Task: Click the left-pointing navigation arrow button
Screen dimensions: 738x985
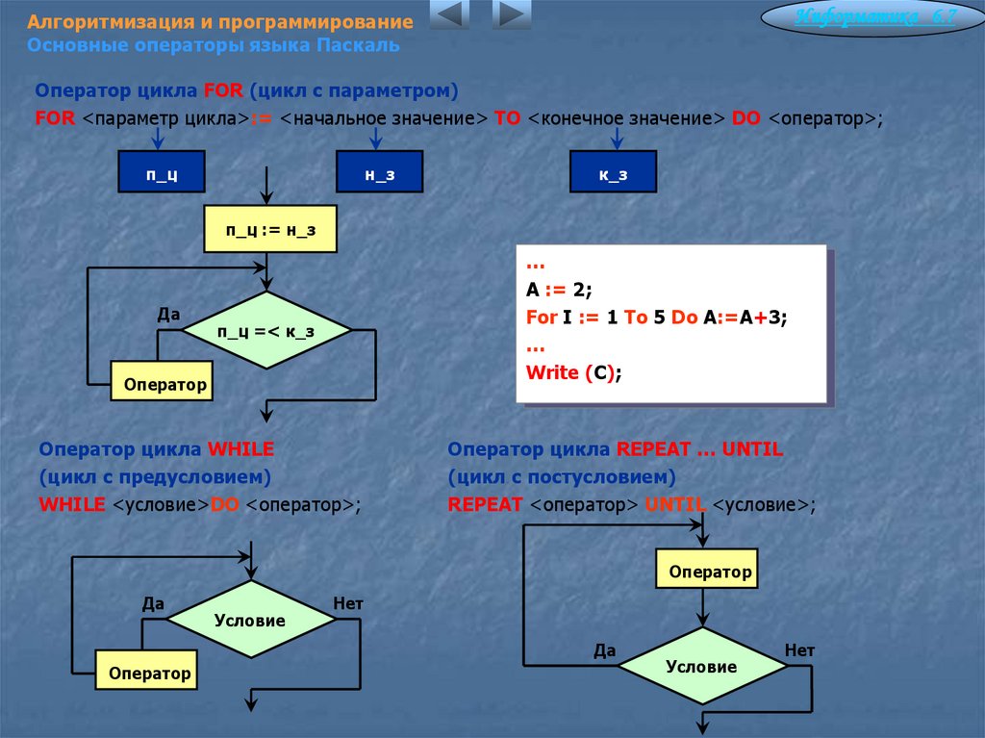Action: (448, 15)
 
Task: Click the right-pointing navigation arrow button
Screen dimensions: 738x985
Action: (511, 15)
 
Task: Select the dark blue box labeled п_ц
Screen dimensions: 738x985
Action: (162, 174)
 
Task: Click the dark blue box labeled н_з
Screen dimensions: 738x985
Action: (379, 174)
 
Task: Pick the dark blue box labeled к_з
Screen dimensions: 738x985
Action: (613, 174)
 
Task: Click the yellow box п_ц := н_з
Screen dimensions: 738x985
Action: (270, 229)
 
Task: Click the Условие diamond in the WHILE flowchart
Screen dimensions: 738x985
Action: (250, 621)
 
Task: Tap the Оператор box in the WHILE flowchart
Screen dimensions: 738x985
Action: (149, 673)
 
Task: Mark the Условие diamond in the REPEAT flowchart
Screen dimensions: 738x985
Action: (701, 667)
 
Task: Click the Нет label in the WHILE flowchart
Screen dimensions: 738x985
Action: (347, 604)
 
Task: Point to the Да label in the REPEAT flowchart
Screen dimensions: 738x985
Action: (604, 650)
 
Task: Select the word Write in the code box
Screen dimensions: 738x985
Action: (552, 372)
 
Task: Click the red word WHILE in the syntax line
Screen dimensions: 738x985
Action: (72, 504)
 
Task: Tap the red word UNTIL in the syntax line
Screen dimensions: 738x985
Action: (675, 504)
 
